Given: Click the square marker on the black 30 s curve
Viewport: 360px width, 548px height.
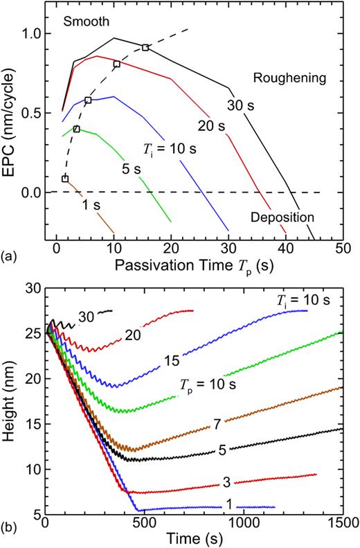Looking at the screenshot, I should pos(145,47).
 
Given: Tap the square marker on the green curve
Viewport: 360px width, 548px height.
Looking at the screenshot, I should pos(76,129).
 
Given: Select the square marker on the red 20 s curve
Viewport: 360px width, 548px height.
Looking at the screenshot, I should pos(116,64).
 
